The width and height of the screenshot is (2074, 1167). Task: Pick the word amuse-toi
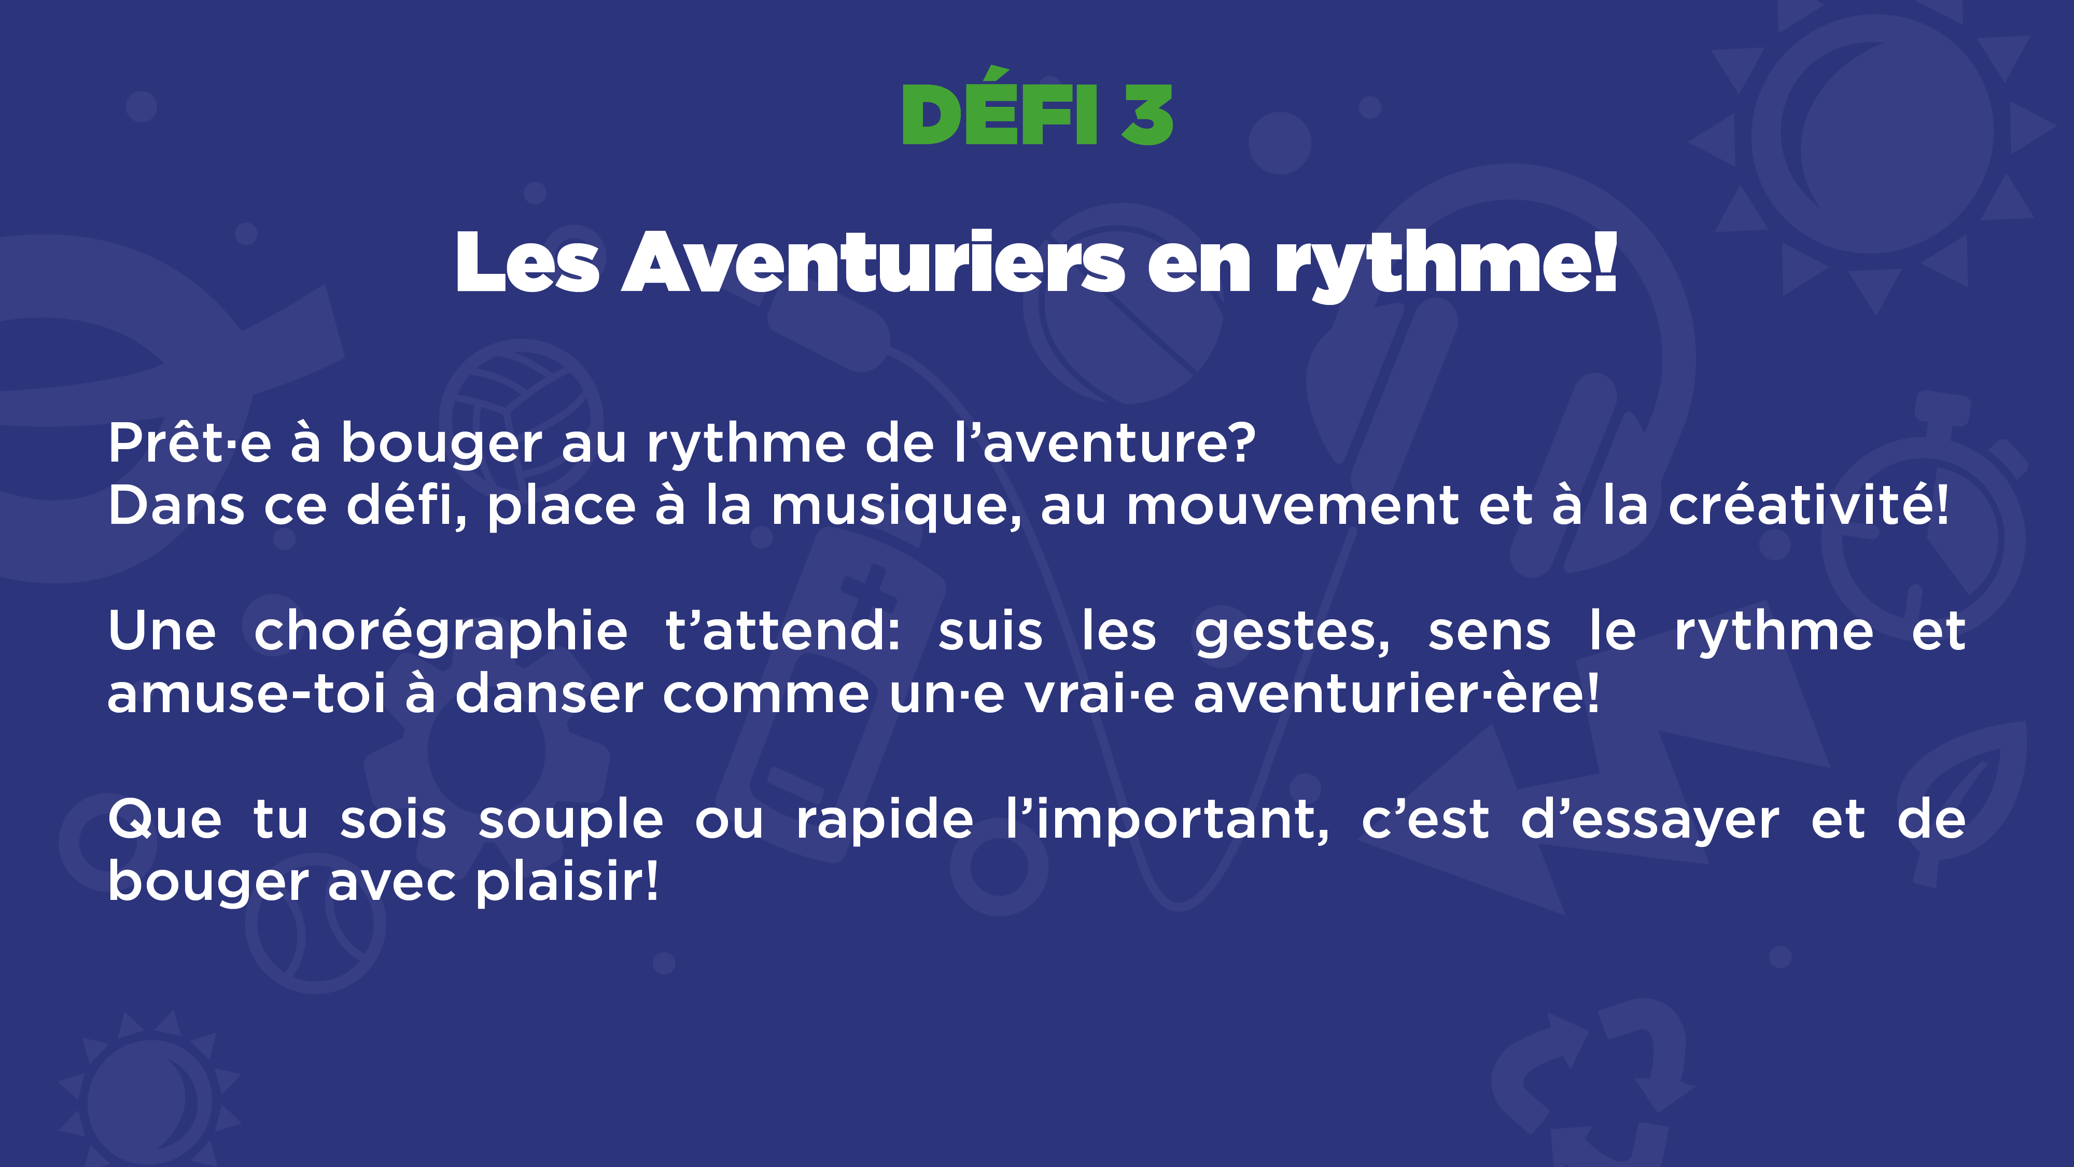[246, 694]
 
